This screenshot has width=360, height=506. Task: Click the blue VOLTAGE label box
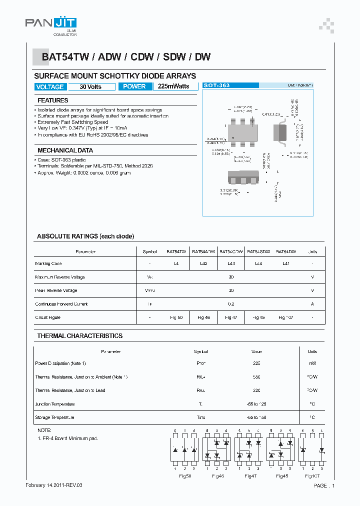(x=50, y=86)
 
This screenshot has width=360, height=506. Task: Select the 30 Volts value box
(x=90, y=86)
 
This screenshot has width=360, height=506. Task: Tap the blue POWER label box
(x=134, y=86)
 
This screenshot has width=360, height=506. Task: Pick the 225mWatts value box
(x=173, y=86)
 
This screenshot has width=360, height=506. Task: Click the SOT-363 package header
(x=217, y=85)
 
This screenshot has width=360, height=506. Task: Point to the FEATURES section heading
(x=53, y=100)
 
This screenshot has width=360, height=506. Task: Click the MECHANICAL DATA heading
(x=65, y=150)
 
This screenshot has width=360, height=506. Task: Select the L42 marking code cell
(x=203, y=263)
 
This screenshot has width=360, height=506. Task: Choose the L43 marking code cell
(x=231, y=263)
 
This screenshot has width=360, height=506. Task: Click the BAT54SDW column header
(x=258, y=251)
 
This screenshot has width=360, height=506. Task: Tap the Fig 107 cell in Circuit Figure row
(x=286, y=317)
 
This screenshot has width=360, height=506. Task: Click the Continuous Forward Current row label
(x=61, y=304)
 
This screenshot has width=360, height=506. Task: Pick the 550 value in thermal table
(x=256, y=377)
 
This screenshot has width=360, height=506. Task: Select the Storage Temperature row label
(x=54, y=417)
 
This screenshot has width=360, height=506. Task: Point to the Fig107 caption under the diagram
(x=312, y=476)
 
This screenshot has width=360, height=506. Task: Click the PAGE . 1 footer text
(x=324, y=485)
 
